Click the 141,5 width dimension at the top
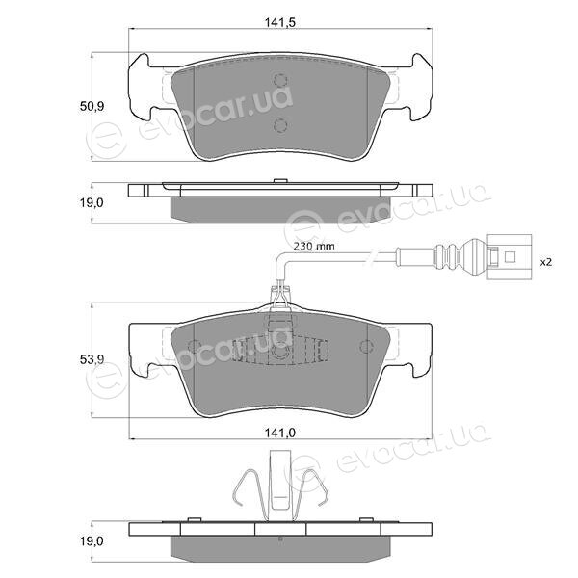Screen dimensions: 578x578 280,23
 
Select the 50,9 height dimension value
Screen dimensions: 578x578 92,107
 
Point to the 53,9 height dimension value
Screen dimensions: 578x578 92,359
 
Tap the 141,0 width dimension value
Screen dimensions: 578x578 280,433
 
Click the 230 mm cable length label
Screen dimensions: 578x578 314,246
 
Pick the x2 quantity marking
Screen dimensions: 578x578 545,262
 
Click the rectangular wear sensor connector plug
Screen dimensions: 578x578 509,257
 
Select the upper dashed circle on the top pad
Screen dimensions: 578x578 280,80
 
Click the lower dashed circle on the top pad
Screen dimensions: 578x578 280,125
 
